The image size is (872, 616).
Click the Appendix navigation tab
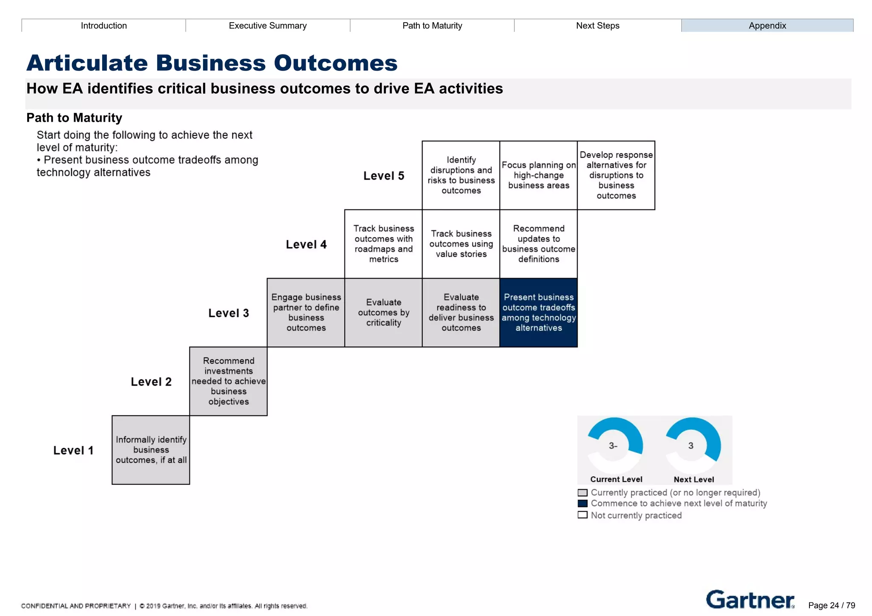[x=767, y=26]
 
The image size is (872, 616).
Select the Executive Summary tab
[x=267, y=26]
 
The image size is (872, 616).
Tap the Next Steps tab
[x=597, y=26]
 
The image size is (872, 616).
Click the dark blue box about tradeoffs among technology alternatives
[x=538, y=312]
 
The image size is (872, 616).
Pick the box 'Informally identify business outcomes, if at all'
[x=151, y=450]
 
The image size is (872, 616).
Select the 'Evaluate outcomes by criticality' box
[x=383, y=312]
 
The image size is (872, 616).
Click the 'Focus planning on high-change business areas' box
[x=538, y=175]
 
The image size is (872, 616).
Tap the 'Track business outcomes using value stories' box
[x=461, y=244]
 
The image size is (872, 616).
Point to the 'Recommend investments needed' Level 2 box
[x=228, y=381]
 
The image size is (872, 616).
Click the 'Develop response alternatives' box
[x=616, y=175]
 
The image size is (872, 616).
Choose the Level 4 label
[x=306, y=244]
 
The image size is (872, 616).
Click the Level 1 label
[x=73, y=450]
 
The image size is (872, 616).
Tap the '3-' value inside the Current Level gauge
[x=613, y=446]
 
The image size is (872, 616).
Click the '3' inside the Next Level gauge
[x=691, y=446]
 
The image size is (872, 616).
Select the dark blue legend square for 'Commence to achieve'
[x=582, y=504]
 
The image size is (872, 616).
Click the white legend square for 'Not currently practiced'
[x=582, y=515]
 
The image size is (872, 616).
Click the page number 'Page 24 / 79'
[x=831, y=605]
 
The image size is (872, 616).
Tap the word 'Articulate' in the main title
[x=87, y=63]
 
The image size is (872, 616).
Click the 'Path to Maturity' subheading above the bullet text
[x=74, y=117]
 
